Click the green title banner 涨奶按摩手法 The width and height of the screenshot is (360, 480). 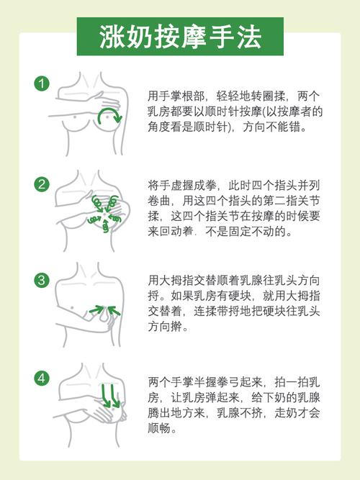click(x=179, y=36)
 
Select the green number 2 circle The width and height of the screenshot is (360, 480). click(x=41, y=184)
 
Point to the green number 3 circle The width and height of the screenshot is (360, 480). click(x=41, y=279)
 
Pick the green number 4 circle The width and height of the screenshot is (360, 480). click(x=41, y=376)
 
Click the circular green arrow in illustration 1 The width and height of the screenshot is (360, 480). click(x=110, y=114)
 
